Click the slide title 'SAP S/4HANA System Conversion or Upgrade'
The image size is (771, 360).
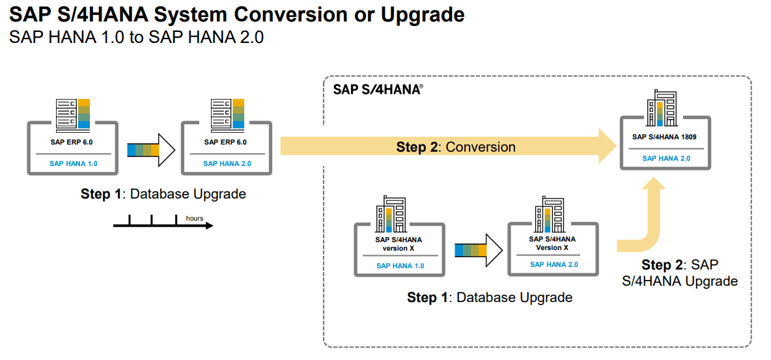237,14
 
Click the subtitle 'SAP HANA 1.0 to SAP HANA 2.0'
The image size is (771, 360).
136,37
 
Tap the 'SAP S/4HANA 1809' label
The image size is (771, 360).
665,137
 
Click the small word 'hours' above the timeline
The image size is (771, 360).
195,218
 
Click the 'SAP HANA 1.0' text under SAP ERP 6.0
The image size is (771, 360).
73,163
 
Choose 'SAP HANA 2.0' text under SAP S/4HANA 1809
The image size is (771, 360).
666,158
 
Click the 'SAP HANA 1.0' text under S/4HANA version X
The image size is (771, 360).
400,266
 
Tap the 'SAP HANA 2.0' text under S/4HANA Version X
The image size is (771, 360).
554,264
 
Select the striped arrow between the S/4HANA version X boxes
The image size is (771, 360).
478,251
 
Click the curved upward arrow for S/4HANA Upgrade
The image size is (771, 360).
648,221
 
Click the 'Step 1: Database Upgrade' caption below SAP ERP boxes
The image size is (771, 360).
163,194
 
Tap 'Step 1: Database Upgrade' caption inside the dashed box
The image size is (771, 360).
490,298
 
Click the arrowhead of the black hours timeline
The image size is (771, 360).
208,226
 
